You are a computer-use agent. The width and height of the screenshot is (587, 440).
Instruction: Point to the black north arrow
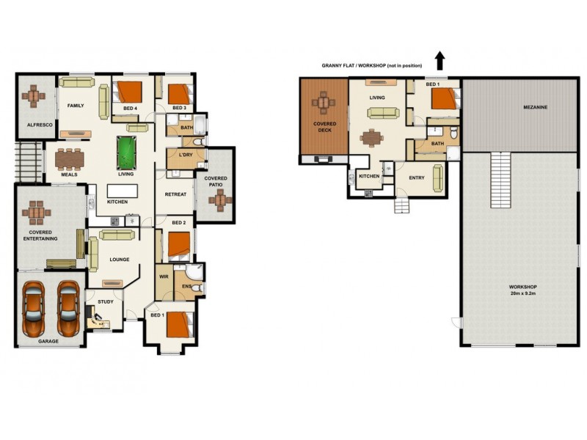pyautogui.click(x=440, y=59)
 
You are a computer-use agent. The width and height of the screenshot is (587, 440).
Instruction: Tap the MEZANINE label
pyautogui.click(x=535, y=107)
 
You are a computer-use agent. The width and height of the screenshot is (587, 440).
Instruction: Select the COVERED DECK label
pyautogui.click(x=324, y=127)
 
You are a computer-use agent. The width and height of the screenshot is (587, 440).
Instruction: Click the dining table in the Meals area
pyautogui.click(x=69, y=158)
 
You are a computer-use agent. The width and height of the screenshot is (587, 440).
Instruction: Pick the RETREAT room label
pyautogui.click(x=175, y=194)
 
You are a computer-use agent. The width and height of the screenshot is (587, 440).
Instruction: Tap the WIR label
pyautogui.click(x=164, y=277)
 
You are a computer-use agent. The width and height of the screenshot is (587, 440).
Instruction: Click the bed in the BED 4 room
pyautogui.click(x=129, y=92)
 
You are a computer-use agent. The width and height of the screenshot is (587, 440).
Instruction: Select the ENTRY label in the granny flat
pyautogui.click(x=416, y=177)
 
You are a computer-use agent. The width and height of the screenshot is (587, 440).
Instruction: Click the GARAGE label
pyautogui.click(x=48, y=341)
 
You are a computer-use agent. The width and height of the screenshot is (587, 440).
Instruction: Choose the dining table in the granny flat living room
pyautogui.click(x=371, y=137)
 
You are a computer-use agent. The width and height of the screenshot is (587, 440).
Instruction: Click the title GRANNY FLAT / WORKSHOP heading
pyautogui.click(x=371, y=65)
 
